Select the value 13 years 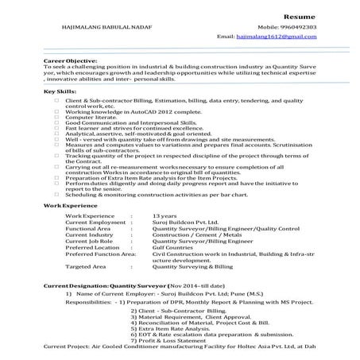point(165,215)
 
